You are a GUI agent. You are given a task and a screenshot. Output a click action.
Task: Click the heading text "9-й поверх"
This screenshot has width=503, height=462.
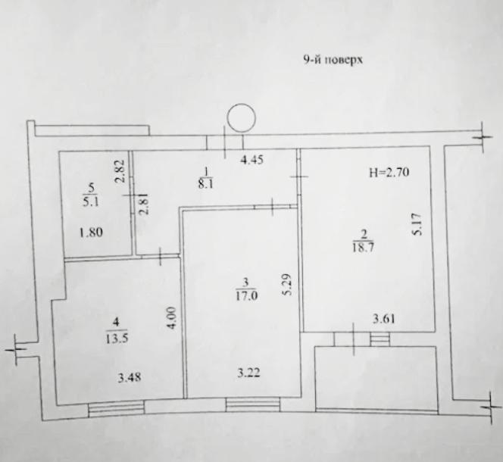point(333,60)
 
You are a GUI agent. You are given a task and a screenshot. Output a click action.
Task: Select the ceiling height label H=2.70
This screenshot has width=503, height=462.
point(389,173)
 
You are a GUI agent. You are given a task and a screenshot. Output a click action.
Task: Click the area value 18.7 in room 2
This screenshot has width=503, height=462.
point(363,248)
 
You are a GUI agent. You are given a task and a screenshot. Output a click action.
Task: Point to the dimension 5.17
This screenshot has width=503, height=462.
point(417,225)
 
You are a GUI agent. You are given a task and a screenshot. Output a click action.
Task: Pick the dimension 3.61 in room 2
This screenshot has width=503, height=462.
point(383,319)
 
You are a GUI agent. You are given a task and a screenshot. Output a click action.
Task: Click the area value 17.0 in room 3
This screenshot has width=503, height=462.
point(246,295)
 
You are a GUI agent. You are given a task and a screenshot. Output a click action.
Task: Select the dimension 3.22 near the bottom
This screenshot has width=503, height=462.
point(248,373)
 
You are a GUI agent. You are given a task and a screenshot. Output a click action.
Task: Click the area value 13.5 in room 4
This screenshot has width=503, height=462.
point(117,339)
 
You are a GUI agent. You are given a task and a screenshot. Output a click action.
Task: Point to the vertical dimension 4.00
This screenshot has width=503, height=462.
point(171,318)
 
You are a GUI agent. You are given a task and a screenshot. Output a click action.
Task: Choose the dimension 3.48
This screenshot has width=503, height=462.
point(130,377)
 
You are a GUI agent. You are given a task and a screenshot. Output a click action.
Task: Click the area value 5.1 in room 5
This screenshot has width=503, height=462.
point(91,202)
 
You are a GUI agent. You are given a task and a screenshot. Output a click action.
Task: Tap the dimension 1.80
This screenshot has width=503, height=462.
point(91,232)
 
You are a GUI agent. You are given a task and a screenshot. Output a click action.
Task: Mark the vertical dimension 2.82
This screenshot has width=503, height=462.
point(120,171)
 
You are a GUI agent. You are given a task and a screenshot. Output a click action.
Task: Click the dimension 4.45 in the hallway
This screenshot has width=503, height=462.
point(251,160)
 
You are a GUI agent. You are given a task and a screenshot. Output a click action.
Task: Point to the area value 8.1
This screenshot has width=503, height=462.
point(205,184)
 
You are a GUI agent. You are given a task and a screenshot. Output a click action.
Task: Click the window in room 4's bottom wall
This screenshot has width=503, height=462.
point(116,410)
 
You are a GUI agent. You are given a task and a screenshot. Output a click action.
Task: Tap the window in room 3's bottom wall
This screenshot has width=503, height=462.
point(253,404)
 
